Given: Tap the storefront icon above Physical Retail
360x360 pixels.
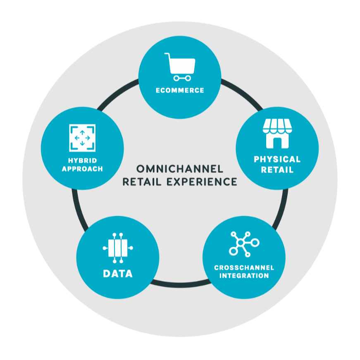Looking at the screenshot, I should click(277, 134).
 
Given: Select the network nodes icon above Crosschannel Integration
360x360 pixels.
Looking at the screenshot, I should click(244, 244).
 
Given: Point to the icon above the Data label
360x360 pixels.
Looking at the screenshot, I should click(118, 248).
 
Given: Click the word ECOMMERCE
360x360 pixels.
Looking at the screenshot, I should click(180, 90).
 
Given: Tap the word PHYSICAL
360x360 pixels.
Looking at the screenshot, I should click(277, 159).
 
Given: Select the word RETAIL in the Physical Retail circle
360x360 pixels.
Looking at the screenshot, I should click(277, 169).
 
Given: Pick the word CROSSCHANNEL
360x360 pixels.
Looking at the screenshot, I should click(244, 268).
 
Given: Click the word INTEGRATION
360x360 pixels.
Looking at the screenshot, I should click(244, 276).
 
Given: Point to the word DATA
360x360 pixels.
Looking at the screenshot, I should click(118, 273).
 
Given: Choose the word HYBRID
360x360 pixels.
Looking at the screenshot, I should click(82, 161).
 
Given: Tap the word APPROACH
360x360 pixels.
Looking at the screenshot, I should click(82, 169).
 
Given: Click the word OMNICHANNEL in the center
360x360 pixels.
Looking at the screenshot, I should click(179, 169).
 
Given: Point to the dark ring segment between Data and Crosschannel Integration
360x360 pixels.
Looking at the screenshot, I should click(180, 285).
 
